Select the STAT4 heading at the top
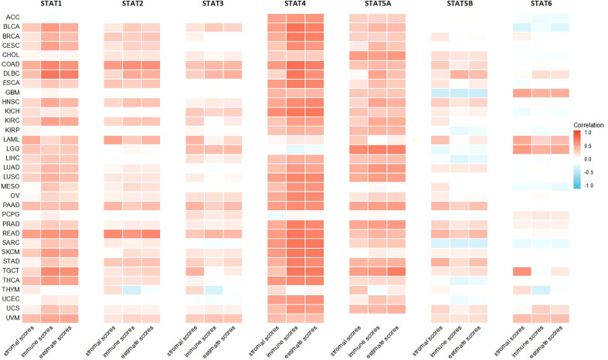(294, 5)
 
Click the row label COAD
(12, 64)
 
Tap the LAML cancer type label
(12, 140)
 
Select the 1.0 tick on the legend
(588, 133)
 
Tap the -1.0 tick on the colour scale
(588, 185)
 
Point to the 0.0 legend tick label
(588, 159)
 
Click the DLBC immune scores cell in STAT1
(50, 74)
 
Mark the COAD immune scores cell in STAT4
(294, 65)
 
